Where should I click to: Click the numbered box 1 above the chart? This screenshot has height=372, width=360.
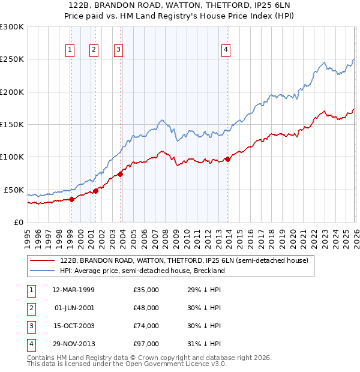tap(71, 50)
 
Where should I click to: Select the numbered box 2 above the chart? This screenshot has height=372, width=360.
tap(94, 50)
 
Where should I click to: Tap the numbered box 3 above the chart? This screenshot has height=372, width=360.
tap(119, 50)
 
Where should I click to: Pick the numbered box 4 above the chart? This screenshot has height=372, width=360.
tap(226, 50)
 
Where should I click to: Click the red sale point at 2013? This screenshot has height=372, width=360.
tap(227, 159)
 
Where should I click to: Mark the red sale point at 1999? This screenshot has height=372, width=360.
tap(71, 199)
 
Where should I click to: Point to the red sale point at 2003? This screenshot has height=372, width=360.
tap(120, 174)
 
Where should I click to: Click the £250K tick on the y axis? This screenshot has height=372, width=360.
tap(12, 59)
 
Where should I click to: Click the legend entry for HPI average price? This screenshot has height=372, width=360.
tap(142, 271)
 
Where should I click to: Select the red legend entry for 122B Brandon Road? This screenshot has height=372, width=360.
tap(184, 260)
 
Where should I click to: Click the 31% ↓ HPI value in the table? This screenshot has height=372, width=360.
tap(203, 344)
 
